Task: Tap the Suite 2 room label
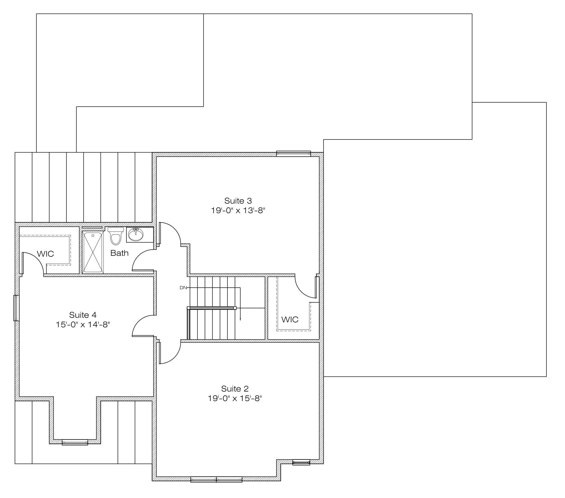[235, 388]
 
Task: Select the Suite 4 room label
[83, 315]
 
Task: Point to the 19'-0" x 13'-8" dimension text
[238, 210]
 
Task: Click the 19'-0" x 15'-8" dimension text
[235, 398]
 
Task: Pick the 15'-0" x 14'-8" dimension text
[83, 324]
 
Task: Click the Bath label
[119, 253]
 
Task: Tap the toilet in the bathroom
[116, 236]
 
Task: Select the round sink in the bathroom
[136, 235]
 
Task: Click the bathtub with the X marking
[93, 252]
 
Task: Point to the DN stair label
[183, 288]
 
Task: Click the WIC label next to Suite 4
[45, 254]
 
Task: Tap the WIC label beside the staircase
[290, 319]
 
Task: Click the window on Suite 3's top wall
[294, 153]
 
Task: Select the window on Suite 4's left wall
[17, 308]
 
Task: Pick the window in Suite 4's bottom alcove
[75, 442]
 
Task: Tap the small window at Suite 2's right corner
[301, 462]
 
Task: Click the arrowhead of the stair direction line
[240, 319]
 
